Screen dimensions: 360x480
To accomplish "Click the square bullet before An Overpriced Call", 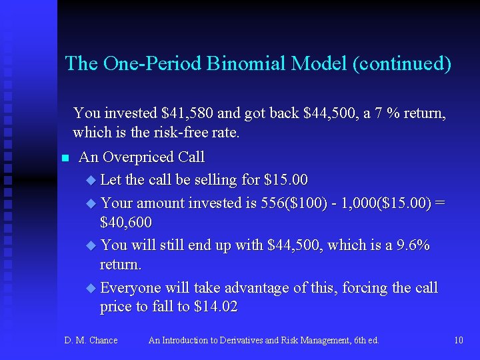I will tap(65, 158).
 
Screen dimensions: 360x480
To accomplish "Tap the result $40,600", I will tap(125, 222).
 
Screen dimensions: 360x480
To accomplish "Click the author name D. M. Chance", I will tap(91, 340).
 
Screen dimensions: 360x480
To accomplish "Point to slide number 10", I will tap(458, 340).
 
